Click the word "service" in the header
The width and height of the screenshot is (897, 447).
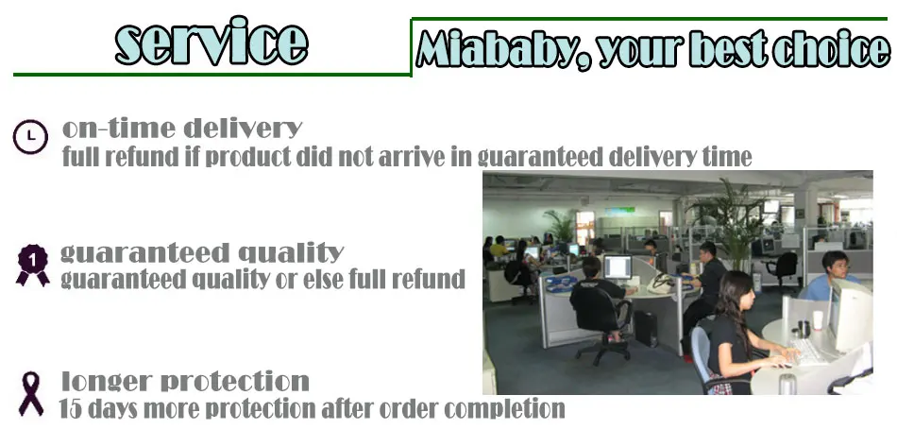[x=212, y=42]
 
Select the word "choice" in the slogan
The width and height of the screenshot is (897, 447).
[x=832, y=48]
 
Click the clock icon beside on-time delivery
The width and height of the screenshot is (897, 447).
[x=30, y=137]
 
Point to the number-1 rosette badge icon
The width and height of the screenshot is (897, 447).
[x=33, y=265]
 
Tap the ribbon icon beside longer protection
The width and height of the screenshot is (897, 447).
[x=31, y=394]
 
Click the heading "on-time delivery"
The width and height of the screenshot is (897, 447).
[x=182, y=129]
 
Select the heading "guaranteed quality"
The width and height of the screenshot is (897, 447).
[x=202, y=252]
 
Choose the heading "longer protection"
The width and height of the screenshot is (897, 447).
[x=185, y=381]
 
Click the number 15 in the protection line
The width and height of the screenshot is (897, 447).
[x=71, y=408]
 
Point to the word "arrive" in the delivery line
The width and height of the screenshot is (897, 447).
[x=410, y=157]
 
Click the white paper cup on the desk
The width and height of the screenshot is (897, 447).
[x=818, y=320]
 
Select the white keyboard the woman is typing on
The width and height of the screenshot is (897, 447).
[x=808, y=352]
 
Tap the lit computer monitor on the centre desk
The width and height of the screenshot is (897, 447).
[x=618, y=267]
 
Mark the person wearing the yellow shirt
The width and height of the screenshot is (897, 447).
[x=499, y=247]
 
